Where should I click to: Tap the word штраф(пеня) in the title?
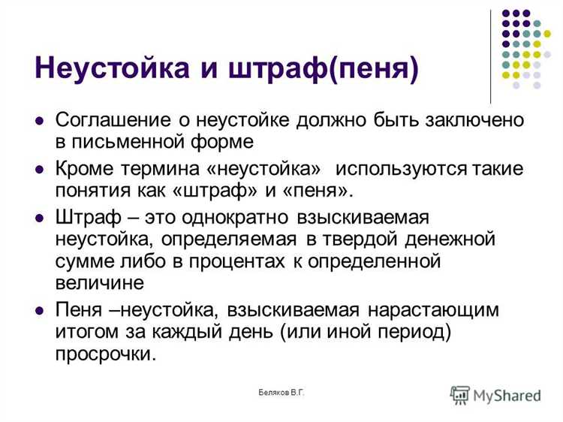pyautogui.click(x=339, y=70)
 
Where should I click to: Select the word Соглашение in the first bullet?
pyautogui.click(x=112, y=120)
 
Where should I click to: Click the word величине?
pyautogui.click(x=98, y=282)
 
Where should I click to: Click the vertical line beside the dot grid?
pyautogui.click(x=491, y=56)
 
